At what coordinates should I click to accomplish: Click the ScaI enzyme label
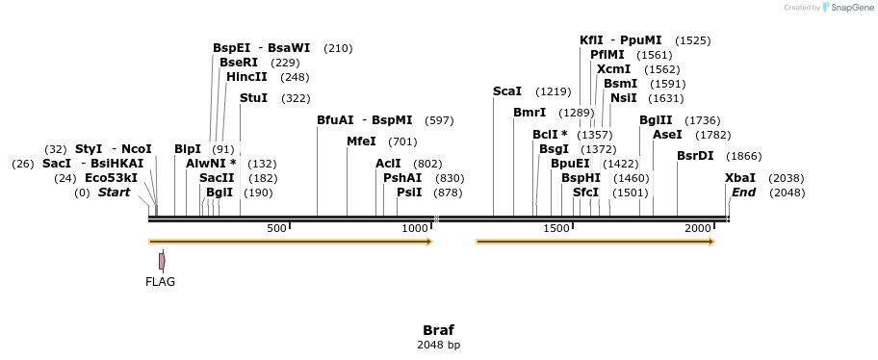tap(506, 91)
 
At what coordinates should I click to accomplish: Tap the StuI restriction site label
tap(253, 98)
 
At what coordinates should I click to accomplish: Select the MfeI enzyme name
tap(361, 141)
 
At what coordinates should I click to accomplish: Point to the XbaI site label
tap(740, 178)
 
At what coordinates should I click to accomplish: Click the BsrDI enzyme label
tap(695, 156)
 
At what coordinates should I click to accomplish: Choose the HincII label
tap(247, 77)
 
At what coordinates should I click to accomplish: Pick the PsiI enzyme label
tap(409, 193)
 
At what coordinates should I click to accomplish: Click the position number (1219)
tap(554, 91)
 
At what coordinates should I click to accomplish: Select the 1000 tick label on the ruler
tap(415, 229)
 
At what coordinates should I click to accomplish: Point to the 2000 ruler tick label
tap(697, 229)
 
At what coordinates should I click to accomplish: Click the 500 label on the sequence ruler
tap(276, 229)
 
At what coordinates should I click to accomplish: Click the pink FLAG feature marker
tap(162, 260)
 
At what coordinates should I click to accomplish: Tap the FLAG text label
tap(160, 282)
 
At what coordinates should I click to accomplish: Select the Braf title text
tap(438, 329)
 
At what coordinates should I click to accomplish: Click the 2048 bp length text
tap(438, 345)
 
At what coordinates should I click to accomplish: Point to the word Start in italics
tap(114, 193)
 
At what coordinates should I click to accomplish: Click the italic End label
tap(743, 193)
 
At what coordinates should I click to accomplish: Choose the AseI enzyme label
tap(667, 135)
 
